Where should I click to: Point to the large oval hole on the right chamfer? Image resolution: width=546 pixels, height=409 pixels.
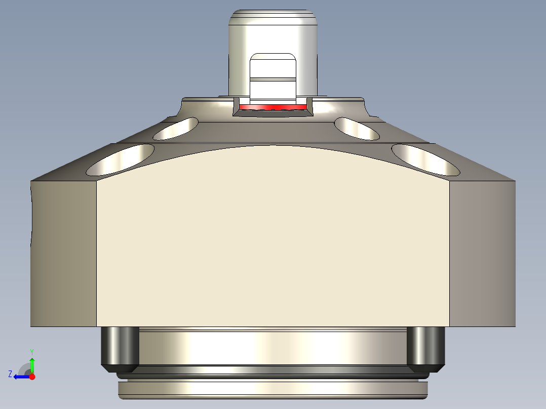point(425,159)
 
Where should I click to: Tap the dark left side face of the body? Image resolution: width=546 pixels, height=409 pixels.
point(64,253)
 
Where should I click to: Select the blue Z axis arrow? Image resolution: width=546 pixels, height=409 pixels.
point(20,377)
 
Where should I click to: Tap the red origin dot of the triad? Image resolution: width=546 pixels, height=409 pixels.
point(32,377)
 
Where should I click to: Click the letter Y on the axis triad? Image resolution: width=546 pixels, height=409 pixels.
point(31,351)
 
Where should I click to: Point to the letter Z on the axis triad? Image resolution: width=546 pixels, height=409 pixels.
point(10,374)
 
